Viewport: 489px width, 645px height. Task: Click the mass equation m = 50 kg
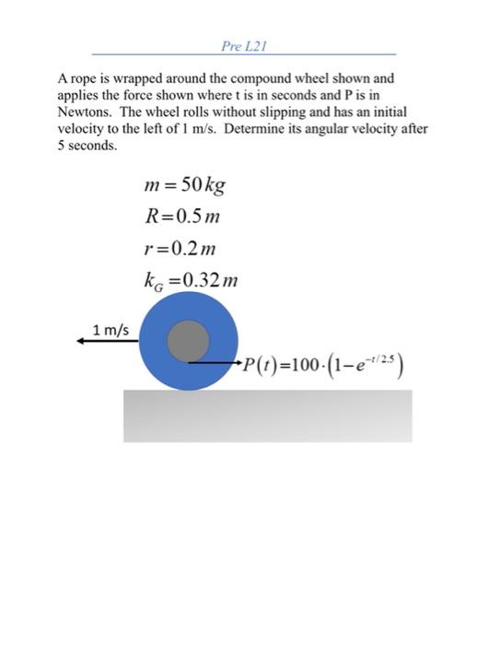(x=185, y=185)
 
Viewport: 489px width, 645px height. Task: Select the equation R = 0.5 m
(x=182, y=217)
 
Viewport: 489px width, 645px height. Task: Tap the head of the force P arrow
(x=236, y=363)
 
